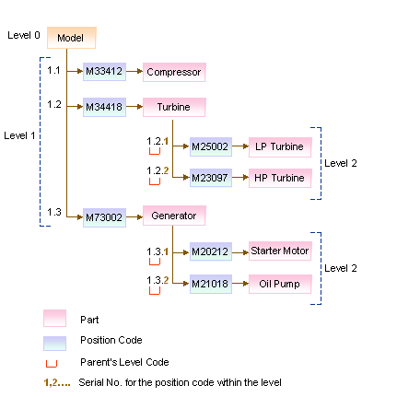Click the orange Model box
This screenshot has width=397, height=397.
pyautogui.click(x=72, y=38)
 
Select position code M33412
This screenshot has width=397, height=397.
pyautogui.click(x=104, y=72)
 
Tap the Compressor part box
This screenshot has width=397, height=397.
pyautogui.click(x=174, y=72)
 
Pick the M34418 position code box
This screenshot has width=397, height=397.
pyautogui.click(x=104, y=107)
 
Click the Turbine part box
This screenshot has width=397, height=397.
pyautogui.click(x=174, y=107)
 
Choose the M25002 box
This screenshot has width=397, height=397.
pyautogui.click(x=211, y=146)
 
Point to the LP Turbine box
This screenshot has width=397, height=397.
pyautogui.click(x=280, y=147)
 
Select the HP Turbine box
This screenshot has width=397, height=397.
pyautogui.click(x=280, y=178)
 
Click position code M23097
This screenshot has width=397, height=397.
pyautogui.click(x=211, y=178)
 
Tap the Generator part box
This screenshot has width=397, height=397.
pyautogui.click(x=174, y=216)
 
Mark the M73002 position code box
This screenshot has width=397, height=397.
pyautogui.click(x=104, y=217)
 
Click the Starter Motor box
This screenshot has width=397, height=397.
pyautogui.click(x=280, y=251)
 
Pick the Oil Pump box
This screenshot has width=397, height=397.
pyautogui.click(x=280, y=284)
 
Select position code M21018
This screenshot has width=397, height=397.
pyautogui.click(x=211, y=284)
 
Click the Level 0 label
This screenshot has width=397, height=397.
pyautogui.click(x=24, y=35)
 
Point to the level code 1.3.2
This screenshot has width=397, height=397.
pyautogui.click(x=158, y=280)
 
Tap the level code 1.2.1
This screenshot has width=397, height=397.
pyautogui.click(x=158, y=141)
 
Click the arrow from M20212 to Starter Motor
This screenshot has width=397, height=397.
pyautogui.click(x=240, y=252)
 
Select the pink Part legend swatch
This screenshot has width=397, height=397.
pyautogui.click(x=54, y=318)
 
